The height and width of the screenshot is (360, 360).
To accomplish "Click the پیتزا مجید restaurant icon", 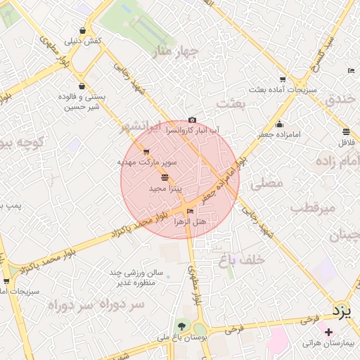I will click(x=165, y=178).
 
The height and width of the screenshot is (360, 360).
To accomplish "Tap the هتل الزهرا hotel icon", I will click(x=191, y=211).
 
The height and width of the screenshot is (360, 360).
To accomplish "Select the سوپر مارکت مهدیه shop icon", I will click(x=146, y=152).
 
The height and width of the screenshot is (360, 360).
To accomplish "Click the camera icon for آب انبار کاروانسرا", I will click(x=193, y=120).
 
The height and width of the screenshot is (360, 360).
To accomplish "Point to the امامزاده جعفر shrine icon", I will click(x=279, y=124).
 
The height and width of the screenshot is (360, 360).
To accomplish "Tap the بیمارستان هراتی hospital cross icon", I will click(x=328, y=331).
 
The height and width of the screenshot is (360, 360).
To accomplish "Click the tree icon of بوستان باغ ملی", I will click(x=183, y=326).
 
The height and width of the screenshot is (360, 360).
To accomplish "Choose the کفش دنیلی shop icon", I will click(x=84, y=31).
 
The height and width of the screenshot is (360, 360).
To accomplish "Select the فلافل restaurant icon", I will click(x=346, y=131).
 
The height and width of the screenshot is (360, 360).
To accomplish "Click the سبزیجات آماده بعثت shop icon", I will click(x=282, y=79).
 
